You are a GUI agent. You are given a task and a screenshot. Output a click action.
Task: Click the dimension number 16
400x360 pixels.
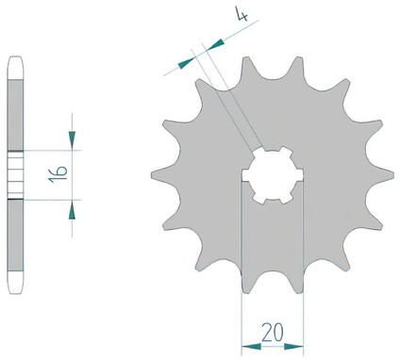tap(58, 174)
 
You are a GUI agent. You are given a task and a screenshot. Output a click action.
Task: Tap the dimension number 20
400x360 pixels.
tap(273, 333)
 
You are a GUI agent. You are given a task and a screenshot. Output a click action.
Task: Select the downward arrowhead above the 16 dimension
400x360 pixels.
tap(72, 139)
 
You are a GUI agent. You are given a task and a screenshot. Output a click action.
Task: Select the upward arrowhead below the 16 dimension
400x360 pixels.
tap(72, 210)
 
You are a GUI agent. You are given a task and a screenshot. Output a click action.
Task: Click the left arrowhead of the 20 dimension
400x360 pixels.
tap(252, 347)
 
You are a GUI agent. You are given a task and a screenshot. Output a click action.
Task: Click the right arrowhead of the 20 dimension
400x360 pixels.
tap(293, 347)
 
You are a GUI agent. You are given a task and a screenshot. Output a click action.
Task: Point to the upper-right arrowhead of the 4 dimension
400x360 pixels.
tap(215, 44)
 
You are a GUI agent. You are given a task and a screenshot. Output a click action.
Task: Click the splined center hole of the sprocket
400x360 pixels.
tap(273, 175)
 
